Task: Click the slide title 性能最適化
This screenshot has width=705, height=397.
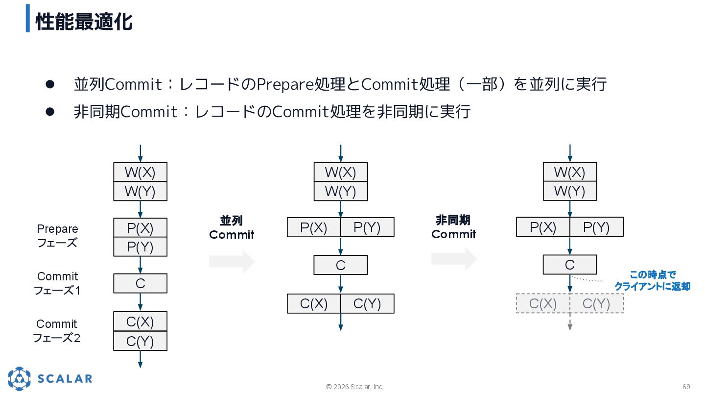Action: pyautogui.click(x=84, y=22)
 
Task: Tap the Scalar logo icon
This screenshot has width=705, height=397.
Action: pyautogui.click(x=19, y=378)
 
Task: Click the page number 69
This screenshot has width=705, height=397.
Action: pyautogui.click(x=686, y=387)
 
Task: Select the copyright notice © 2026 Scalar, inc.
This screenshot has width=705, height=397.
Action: pyautogui.click(x=355, y=387)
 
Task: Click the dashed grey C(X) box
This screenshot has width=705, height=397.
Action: pyautogui.click(x=543, y=304)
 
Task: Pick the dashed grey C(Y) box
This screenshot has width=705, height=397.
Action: pyautogui.click(x=596, y=304)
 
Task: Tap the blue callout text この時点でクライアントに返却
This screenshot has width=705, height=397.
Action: pyautogui.click(x=652, y=281)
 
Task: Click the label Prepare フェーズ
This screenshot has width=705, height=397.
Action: pyautogui.click(x=57, y=236)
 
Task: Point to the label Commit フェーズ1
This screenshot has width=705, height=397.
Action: pyautogui.click(x=57, y=283)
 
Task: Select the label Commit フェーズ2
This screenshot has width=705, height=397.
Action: pyautogui.click(x=57, y=331)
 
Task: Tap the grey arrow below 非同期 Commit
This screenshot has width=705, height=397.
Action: pyautogui.click(x=454, y=259)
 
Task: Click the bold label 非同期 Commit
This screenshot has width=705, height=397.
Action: pyautogui.click(x=453, y=227)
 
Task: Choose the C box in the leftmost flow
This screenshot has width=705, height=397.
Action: pyautogui.click(x=140, y=283)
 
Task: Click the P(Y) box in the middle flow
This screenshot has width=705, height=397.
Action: pyautogui.click(x=367, y=227)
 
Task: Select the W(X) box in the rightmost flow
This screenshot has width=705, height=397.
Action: pyautogui.click(x=569, y=172)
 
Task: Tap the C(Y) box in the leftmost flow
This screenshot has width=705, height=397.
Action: pyautogui.click(x=140, y=341)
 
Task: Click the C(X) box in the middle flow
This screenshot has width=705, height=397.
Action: pyautogui.click(x=314, y=304)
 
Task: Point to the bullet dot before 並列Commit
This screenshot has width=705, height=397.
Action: pyautogui.click(x=49, y=84)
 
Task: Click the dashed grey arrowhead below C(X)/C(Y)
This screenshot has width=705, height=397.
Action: pyautogui.click(x=570, y=327)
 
